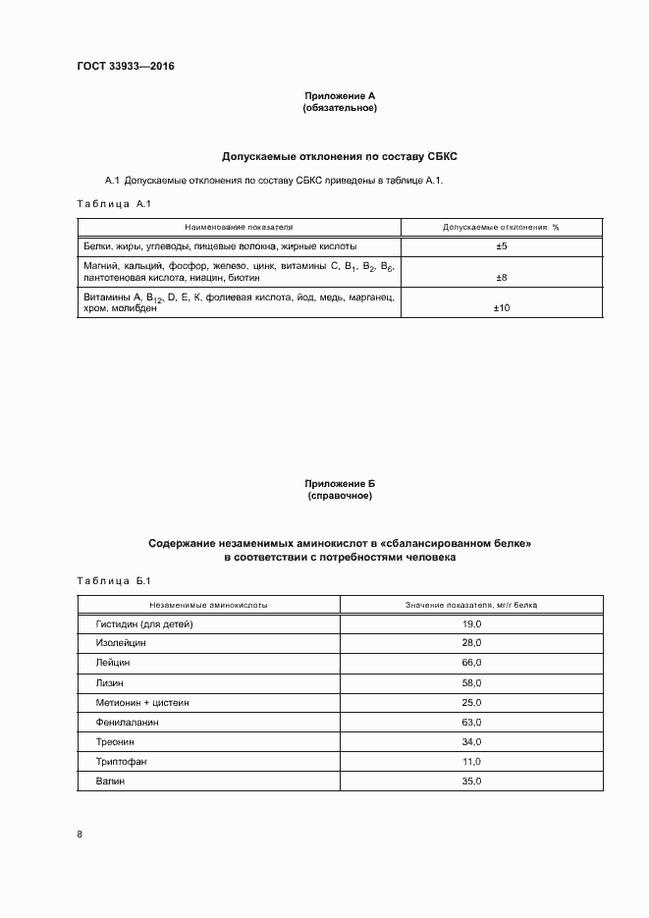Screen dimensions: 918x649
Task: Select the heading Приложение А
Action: (x=340, y=96)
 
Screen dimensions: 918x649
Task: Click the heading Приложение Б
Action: (x=340, y=484)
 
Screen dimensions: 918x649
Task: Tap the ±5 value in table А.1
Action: (x=501, y=246)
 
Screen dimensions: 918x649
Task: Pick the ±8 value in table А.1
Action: (x=501, y=278)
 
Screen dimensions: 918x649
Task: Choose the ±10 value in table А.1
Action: (x=501, y=308)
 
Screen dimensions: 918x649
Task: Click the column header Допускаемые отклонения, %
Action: (x=501, y=226)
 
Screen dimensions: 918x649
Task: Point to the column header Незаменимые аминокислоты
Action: (x=208, y=605)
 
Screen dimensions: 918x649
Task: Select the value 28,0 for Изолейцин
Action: (x=471, y=643)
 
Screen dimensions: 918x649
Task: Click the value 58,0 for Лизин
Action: (x=471, y=682)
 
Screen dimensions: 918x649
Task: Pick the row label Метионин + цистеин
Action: (x=141, y=702)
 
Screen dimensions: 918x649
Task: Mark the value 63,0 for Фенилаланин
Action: (x=471, y=722)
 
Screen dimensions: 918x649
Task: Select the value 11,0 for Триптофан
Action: (x=471, y=761)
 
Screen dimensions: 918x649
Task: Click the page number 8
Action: (x=80, y=835)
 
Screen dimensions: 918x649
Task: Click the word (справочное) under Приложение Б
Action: (x=340, y=497)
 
